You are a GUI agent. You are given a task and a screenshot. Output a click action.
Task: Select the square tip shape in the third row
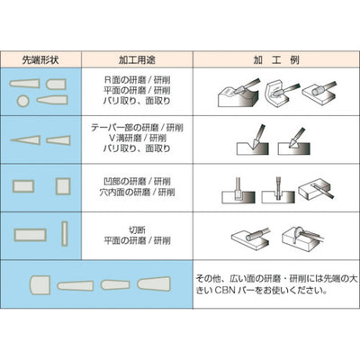[62, 186]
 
